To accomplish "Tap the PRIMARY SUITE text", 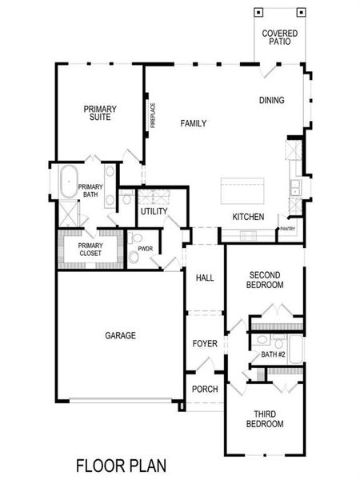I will point(101,113).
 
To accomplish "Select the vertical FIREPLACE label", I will point(152,114).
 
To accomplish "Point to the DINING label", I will point(271,100).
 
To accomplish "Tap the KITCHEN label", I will point(248,217).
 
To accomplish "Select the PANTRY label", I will point(287,229).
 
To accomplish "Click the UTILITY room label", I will point(154,212).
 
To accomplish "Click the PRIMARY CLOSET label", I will point(90,249).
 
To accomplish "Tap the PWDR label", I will point(145,249).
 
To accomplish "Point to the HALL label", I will point(205,278).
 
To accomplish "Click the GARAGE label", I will point(120,335).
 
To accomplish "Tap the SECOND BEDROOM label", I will point(264,279).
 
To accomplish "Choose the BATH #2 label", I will point(273,354).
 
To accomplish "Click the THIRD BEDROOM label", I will point(264,419).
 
